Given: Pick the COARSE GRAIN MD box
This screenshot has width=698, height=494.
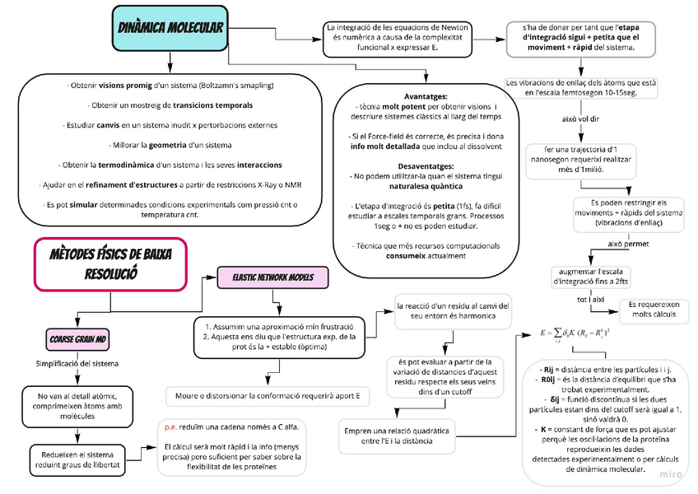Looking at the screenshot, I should click(77, 339).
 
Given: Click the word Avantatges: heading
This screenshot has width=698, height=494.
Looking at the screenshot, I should click(426, 96).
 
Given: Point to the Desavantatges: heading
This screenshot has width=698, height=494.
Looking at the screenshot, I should click(426, 165).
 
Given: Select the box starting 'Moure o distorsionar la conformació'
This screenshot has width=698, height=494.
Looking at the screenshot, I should click(268, 395).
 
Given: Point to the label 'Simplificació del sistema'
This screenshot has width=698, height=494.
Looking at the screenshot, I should click(77, 363).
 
